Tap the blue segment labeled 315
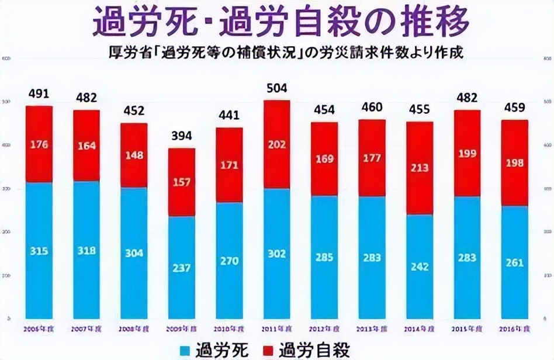point(39,251)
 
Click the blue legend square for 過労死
point(185,350)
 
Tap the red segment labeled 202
point(276,144)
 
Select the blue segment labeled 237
point(182,268)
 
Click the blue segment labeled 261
point(514,262)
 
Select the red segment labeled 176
point(39,144)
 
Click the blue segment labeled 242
point(420,266)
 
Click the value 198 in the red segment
point(514,163)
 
